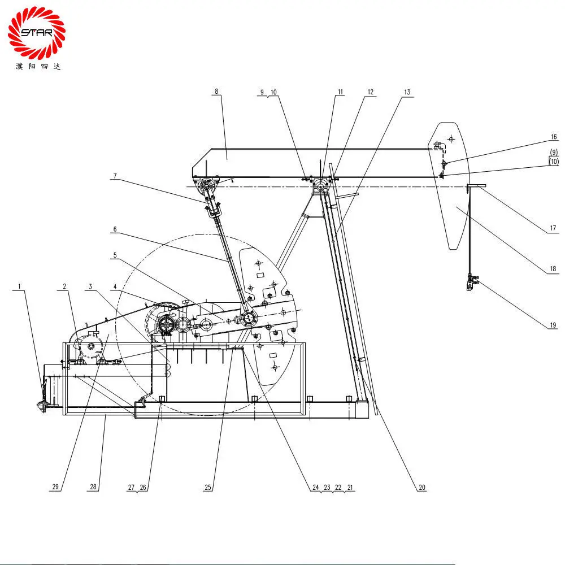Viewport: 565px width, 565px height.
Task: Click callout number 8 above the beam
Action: pos(216,91)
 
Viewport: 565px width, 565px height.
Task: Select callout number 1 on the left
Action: pos(20,286)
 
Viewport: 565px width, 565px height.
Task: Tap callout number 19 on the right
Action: pos(553,325)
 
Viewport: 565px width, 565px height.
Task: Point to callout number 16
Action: pos(554,137)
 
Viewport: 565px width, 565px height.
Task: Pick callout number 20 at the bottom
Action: pos(421,487)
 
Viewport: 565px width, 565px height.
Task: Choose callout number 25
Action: pos(208,487)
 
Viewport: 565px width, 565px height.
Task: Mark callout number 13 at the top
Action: pos(407,92)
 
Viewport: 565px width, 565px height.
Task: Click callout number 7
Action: pos(115,176)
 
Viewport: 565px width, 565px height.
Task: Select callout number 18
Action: pos(553,269)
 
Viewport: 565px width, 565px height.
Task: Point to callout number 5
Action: pos(115,255)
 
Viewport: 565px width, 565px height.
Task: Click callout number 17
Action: pos(553,229)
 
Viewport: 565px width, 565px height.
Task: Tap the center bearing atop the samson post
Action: pos(321,186)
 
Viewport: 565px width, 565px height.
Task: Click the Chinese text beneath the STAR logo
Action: pos(38,66)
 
